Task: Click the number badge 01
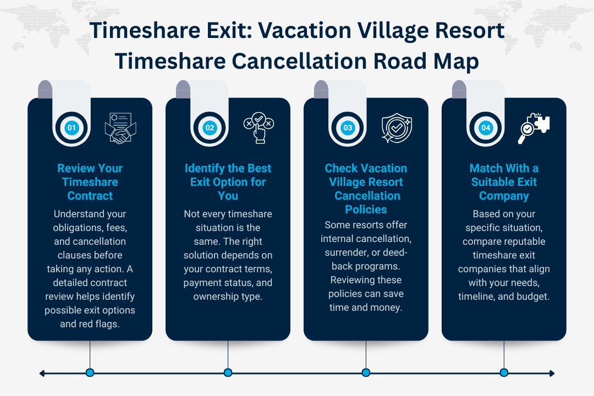pos(71,128)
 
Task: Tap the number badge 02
pos(210,128)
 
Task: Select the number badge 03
pos(348,128)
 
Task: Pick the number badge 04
pos(486,128)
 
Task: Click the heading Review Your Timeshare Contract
pos(90,182)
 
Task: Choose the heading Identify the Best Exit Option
pos(228,182)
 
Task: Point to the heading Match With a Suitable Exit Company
pos(504,182)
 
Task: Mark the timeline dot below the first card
pos(90,373)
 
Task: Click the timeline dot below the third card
pos(366,373)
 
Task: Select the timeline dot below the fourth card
pos(504,373)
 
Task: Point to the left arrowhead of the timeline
pos(42,373)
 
